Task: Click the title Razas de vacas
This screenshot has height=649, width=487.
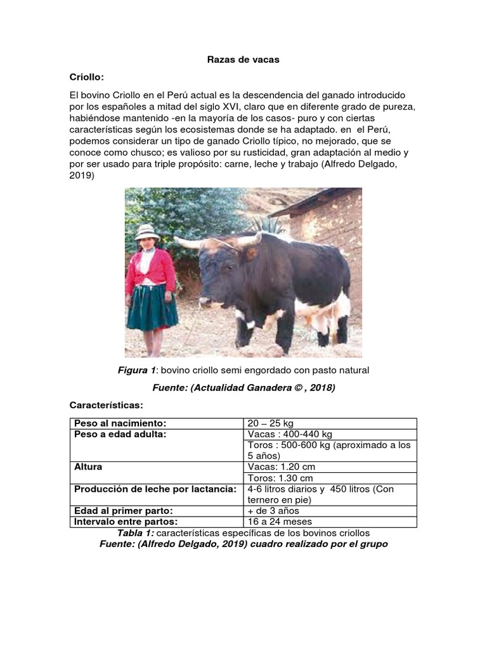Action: pyautogui.click(x=243, y=60)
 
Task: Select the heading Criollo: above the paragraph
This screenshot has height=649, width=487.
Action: pyautogui.click(x=87, y=77)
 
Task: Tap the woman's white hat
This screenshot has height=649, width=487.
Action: pyautogui.click(x=147, y=231)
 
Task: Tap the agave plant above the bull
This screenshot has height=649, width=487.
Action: pyautogui.click(x=266, y=225)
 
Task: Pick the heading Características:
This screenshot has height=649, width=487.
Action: pyautogui.click(x=106, y=404)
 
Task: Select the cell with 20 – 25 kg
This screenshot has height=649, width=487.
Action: pyautogui.click(x=271, y=423)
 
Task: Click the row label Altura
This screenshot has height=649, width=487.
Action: pyautogui.click(x=88, y=467)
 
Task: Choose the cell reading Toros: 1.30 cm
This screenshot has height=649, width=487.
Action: pyautogui.click(x=281, y=478)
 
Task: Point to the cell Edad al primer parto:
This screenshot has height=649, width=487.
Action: pyautogui.click(x=124, y=511)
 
